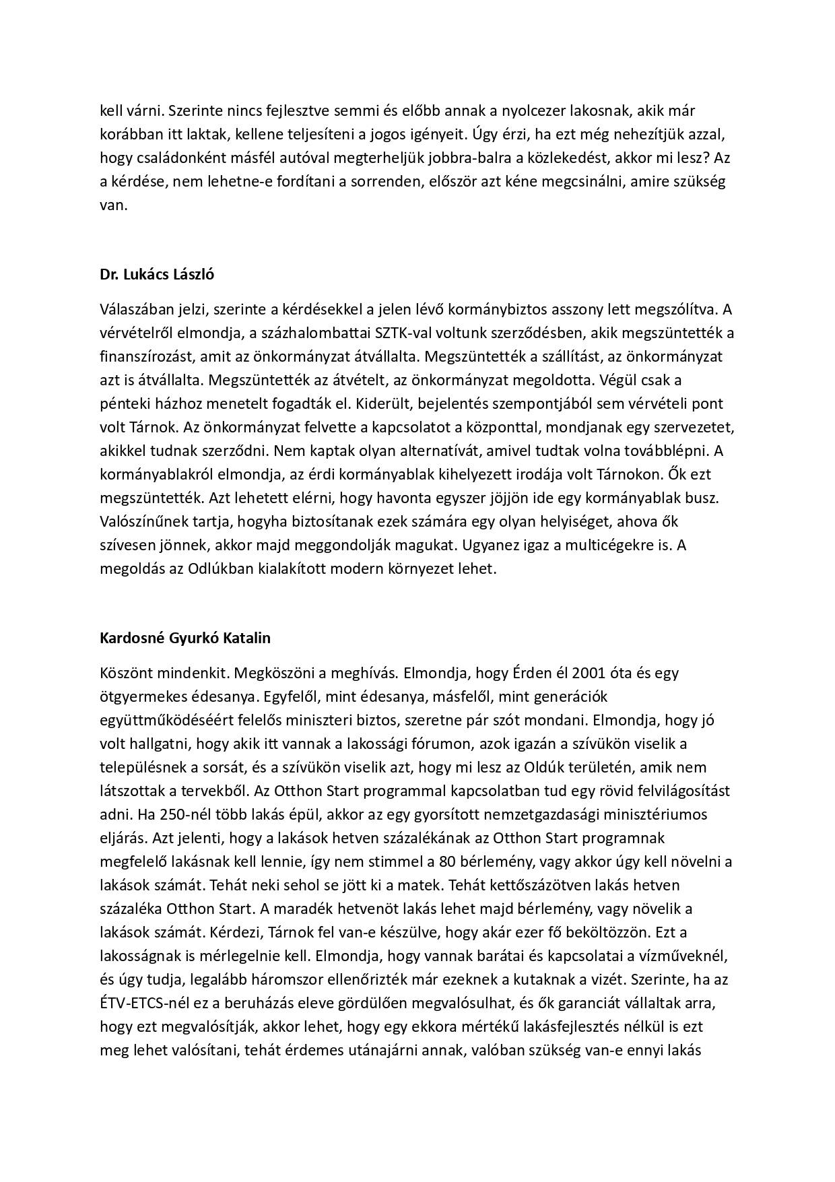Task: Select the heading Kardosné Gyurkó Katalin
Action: coord(185,636)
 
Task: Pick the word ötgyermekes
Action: coord(138,696)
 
